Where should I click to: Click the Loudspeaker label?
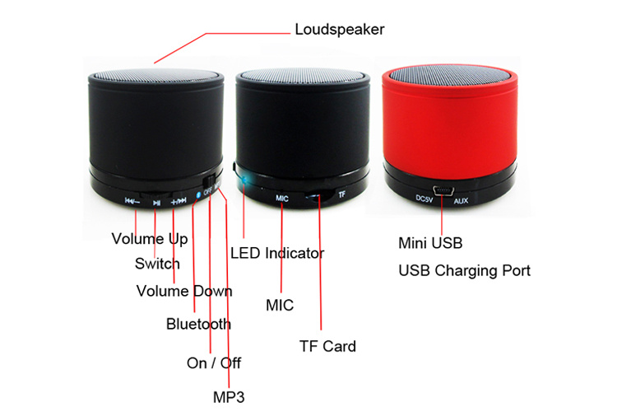click(340, 30)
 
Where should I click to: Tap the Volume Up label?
click(150, 239)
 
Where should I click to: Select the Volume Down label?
click(184, 291)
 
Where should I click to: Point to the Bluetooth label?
click(198, 324)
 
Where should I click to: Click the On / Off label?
click(214, 363)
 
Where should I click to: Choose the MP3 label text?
click(229, 397)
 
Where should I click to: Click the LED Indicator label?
click(277, 253)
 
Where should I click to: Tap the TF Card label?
click(327, 346)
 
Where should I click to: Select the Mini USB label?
click(430, 243)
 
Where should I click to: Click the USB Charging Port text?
click(464, 271)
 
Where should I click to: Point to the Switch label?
click(157, 264)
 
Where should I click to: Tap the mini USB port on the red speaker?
click(443, 190)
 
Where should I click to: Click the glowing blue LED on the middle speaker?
click(244, 180)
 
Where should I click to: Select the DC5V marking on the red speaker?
click(424, 199)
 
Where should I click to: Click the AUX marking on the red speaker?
click(461, 201)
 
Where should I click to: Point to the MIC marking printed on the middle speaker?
click(281, 199)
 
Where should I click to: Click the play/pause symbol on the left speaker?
click(156, 203)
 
